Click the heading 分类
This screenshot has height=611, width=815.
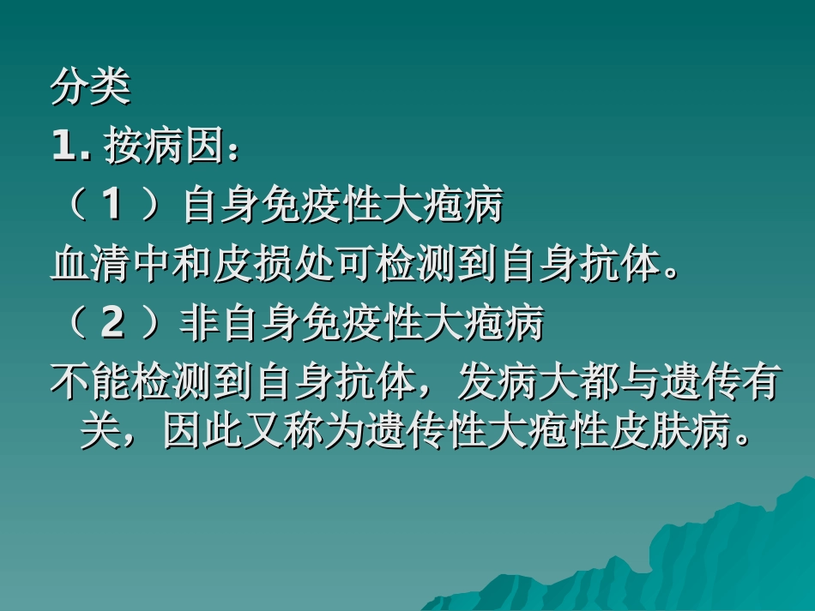click(90, 89)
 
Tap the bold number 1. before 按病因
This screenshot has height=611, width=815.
click(72, 147)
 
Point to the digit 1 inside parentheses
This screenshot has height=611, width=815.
click(112, 206)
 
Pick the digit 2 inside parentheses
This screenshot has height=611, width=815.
click(112, 323)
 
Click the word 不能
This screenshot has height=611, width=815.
click(91, 383)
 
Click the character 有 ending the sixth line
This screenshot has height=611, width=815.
click(760, 383)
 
